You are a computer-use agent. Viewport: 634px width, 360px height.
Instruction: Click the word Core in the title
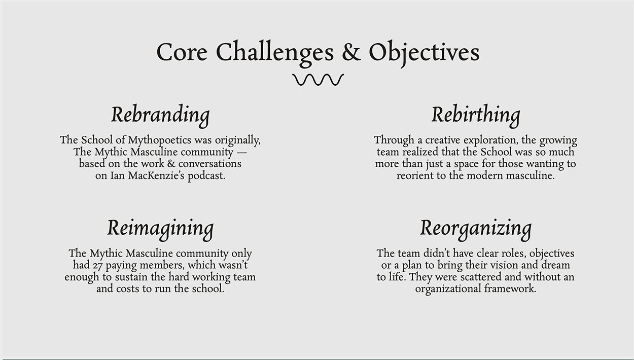[182, 52]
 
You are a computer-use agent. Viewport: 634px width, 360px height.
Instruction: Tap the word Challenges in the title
[275, 54]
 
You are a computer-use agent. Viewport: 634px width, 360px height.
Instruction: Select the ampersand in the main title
[351, 52]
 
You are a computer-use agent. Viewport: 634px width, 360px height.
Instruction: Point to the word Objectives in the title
[424, 54]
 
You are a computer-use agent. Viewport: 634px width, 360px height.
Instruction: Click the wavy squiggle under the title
[318, 80]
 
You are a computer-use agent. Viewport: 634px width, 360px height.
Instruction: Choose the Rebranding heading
[160, 116]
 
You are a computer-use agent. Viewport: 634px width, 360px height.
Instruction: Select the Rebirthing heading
[476, 116]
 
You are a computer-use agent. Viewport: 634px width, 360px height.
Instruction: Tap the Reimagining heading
[160, 229]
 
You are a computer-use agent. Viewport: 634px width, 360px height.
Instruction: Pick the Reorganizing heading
[476, 229]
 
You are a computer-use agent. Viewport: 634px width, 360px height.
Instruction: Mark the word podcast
[206, 176]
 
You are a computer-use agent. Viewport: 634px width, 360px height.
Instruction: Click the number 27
[98, 266]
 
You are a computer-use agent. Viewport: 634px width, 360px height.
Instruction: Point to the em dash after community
[242, 153]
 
